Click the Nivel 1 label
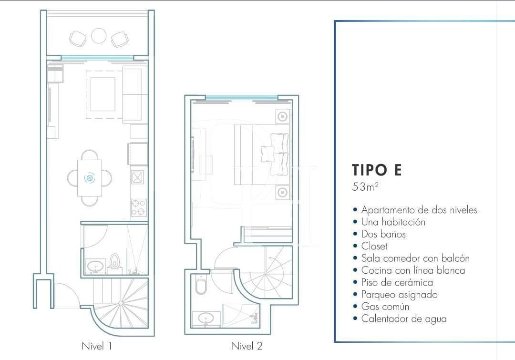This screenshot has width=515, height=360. pos(97,346)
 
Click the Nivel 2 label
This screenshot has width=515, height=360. pos(247,346)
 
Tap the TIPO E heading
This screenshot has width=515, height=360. pos(377,170)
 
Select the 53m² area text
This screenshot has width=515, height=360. pos(365,187)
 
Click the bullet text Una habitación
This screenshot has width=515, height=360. pos(393,222)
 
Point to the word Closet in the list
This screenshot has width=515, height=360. pos(374,246)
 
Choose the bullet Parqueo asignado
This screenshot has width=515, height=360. pos(399,295)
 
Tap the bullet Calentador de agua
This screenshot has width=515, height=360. pos(403,319)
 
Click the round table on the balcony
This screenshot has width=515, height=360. pos(99,36)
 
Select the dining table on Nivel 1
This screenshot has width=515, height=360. pos(90,178)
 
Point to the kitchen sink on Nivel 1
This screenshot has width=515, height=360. pos(137,177)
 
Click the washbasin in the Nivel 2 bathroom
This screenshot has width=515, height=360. pos(206,319)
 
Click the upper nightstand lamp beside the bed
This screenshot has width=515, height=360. pos(282,116)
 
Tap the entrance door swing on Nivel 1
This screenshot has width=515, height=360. pos(65,296)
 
